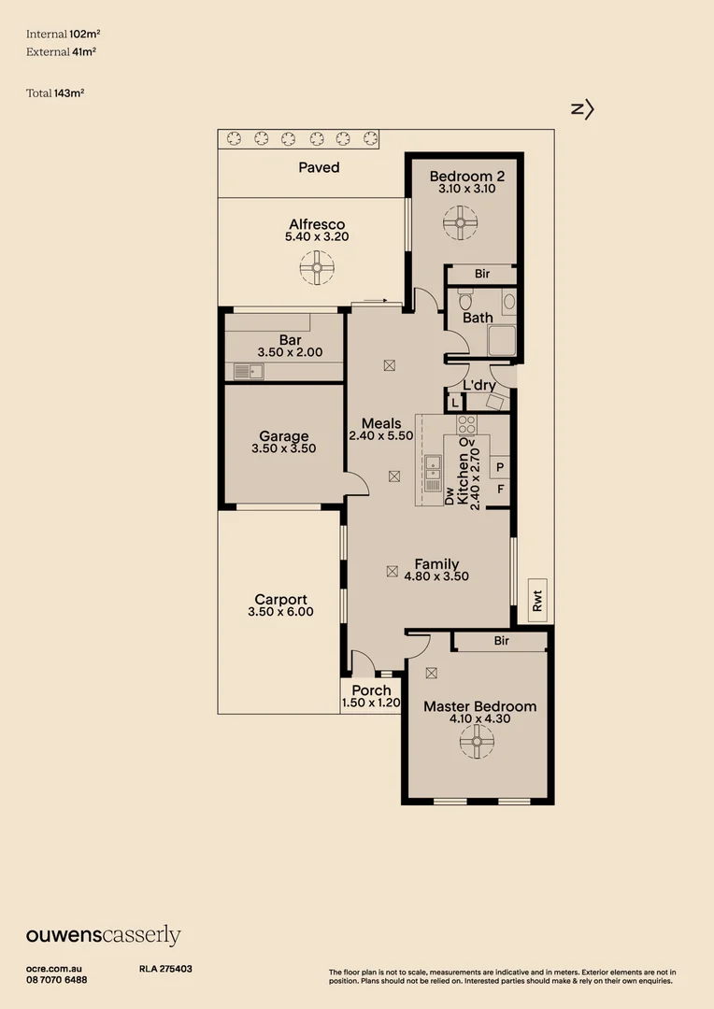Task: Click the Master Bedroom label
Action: (x=479, y=706)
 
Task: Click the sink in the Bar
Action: (x=249, y=372)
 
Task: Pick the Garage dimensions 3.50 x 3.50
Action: (x=283, y=448)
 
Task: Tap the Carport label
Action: (x=280, y=600)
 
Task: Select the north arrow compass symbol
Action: (x=582, y=109)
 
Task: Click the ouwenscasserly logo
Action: (x=103, y=935)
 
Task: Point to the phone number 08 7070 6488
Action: (x=57, y=979)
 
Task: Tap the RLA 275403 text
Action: (x=165, y=969)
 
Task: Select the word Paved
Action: (x=319, y=167)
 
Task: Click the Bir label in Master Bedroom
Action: (x=501, y=641)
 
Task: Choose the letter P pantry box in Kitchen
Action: (x=500, y=467)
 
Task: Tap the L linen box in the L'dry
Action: (x=454, y=404)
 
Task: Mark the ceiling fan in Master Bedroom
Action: (x=476, y=742)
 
